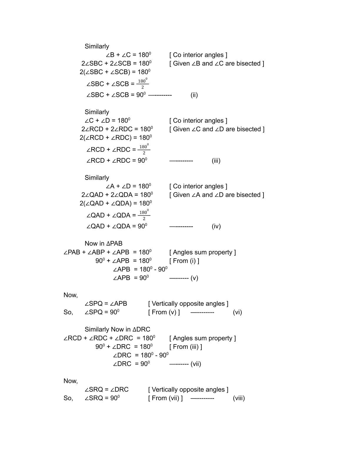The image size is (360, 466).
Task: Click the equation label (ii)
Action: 194,95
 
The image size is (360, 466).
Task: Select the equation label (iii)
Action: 216,161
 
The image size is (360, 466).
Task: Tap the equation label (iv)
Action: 216,226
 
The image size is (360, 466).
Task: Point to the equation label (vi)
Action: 237,312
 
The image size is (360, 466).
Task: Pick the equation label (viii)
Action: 239,398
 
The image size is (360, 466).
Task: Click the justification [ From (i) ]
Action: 184,261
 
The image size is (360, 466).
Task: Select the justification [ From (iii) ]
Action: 186,347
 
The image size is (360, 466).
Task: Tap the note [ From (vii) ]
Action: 165,398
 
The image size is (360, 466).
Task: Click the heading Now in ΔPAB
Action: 104,244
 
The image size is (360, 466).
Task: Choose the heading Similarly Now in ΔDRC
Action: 117,329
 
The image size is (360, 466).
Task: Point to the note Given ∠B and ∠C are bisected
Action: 217,64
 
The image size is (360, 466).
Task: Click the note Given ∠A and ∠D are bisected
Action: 217,195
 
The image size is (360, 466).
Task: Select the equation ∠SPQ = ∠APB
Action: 106,304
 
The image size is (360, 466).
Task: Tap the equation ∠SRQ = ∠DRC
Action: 106,390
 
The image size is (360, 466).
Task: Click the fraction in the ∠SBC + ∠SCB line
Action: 143,84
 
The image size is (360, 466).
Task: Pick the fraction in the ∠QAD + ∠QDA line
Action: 144,215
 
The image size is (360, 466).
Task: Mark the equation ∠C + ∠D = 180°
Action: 107,121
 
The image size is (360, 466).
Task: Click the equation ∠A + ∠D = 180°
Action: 129,186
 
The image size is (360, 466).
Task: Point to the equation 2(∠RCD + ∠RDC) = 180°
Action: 116,138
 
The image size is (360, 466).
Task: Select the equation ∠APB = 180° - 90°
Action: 140,269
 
